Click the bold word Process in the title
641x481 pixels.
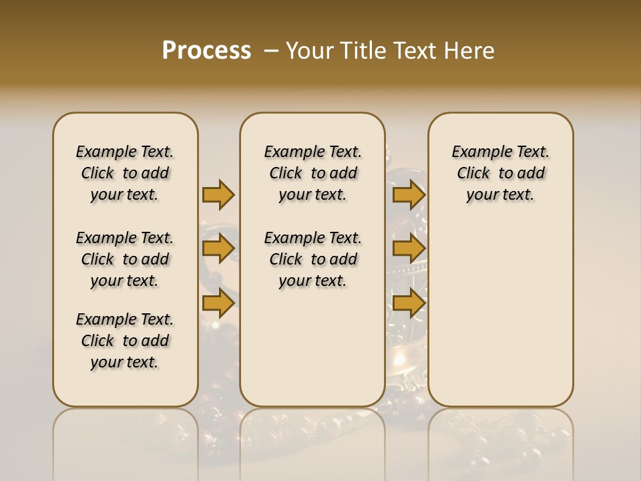click(x=206, y=51)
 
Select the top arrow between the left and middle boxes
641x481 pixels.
click(x=218, y=195)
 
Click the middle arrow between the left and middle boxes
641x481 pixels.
click(x=218, y=249)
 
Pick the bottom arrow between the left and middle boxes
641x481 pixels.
click(x=218, y=303)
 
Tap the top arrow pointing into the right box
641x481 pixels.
click(x=409, y=195)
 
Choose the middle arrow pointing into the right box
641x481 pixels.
click(x=409, y=249)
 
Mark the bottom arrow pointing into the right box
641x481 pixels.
click(x=409, y=303)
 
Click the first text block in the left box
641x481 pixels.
click(x=125, y=173)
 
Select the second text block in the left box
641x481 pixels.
click(x=125, y=259)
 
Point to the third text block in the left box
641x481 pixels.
click(x=125, y=341)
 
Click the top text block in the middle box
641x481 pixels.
click(x=312, y=173)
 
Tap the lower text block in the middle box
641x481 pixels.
click(x=312, y=259)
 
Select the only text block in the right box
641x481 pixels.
click(x=500, y=173)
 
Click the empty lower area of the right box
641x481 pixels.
click(x=500, y=314)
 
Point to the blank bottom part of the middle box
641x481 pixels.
click(x=312, y=354)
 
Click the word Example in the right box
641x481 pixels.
click(x=477, y=152)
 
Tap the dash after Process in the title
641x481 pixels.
click(x=271, y=51)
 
